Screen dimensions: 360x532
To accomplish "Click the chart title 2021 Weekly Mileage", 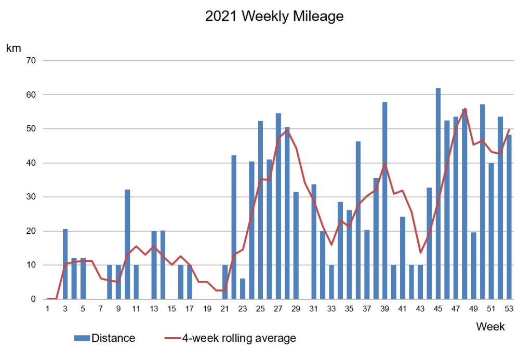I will click(274, 17).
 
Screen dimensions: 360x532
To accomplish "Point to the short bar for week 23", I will click(243, 289).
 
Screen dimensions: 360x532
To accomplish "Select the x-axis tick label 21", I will click(224, 309).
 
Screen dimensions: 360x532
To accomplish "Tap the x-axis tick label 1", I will click(47, 309).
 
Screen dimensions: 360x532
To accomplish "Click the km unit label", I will click(14, 48).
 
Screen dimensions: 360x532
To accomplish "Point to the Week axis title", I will click(490, 327).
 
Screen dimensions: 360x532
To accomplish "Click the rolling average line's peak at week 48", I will click(464, 109).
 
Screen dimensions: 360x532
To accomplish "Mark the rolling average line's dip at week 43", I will click(420, 252).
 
